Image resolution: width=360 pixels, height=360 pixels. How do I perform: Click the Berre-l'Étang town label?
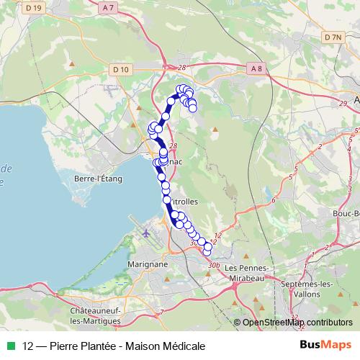99,179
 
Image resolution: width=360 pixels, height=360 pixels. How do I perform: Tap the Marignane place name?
149,264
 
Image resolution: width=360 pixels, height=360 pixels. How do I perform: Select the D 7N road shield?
332,37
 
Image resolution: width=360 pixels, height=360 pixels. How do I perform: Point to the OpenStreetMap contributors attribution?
297,322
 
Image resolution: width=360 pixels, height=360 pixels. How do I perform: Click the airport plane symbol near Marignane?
146,234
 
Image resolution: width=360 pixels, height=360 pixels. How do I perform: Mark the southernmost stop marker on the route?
207,251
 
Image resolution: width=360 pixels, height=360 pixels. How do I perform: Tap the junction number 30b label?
213,265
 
